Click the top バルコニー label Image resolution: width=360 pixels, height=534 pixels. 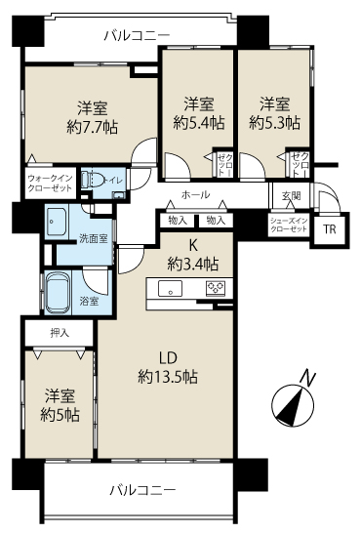[137, 35]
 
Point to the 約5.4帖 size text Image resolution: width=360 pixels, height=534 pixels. [198, 123]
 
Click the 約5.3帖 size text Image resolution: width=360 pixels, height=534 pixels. [273, 123]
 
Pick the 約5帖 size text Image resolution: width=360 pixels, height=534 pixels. [60, 414]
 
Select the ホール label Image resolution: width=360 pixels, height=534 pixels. [195, 194]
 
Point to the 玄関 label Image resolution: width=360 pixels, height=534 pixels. [292, 195]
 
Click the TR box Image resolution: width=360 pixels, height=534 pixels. [328, 230]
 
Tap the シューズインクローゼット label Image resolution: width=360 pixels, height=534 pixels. [290, 225]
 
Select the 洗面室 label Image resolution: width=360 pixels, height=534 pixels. [66, 237]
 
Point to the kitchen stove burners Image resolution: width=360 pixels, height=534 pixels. [215, 288]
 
